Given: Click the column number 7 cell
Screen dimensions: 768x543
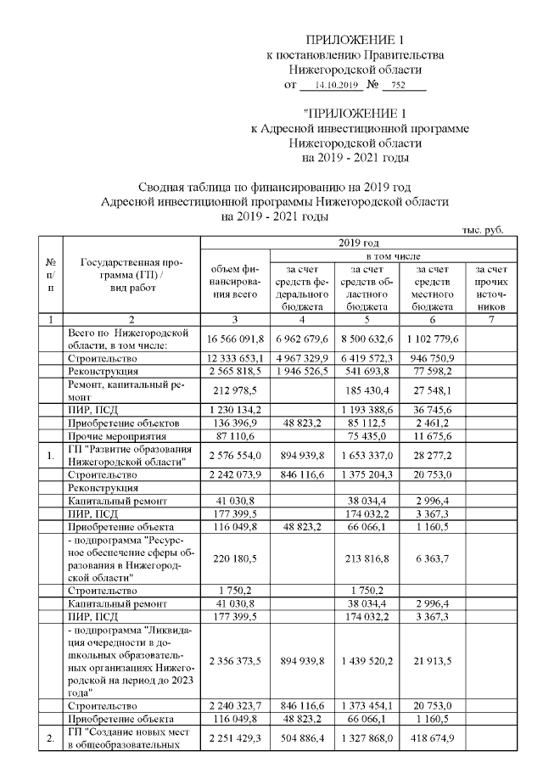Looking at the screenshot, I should click(492, 319).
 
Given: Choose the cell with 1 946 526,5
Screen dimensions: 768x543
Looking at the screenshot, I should click(301, 372).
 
